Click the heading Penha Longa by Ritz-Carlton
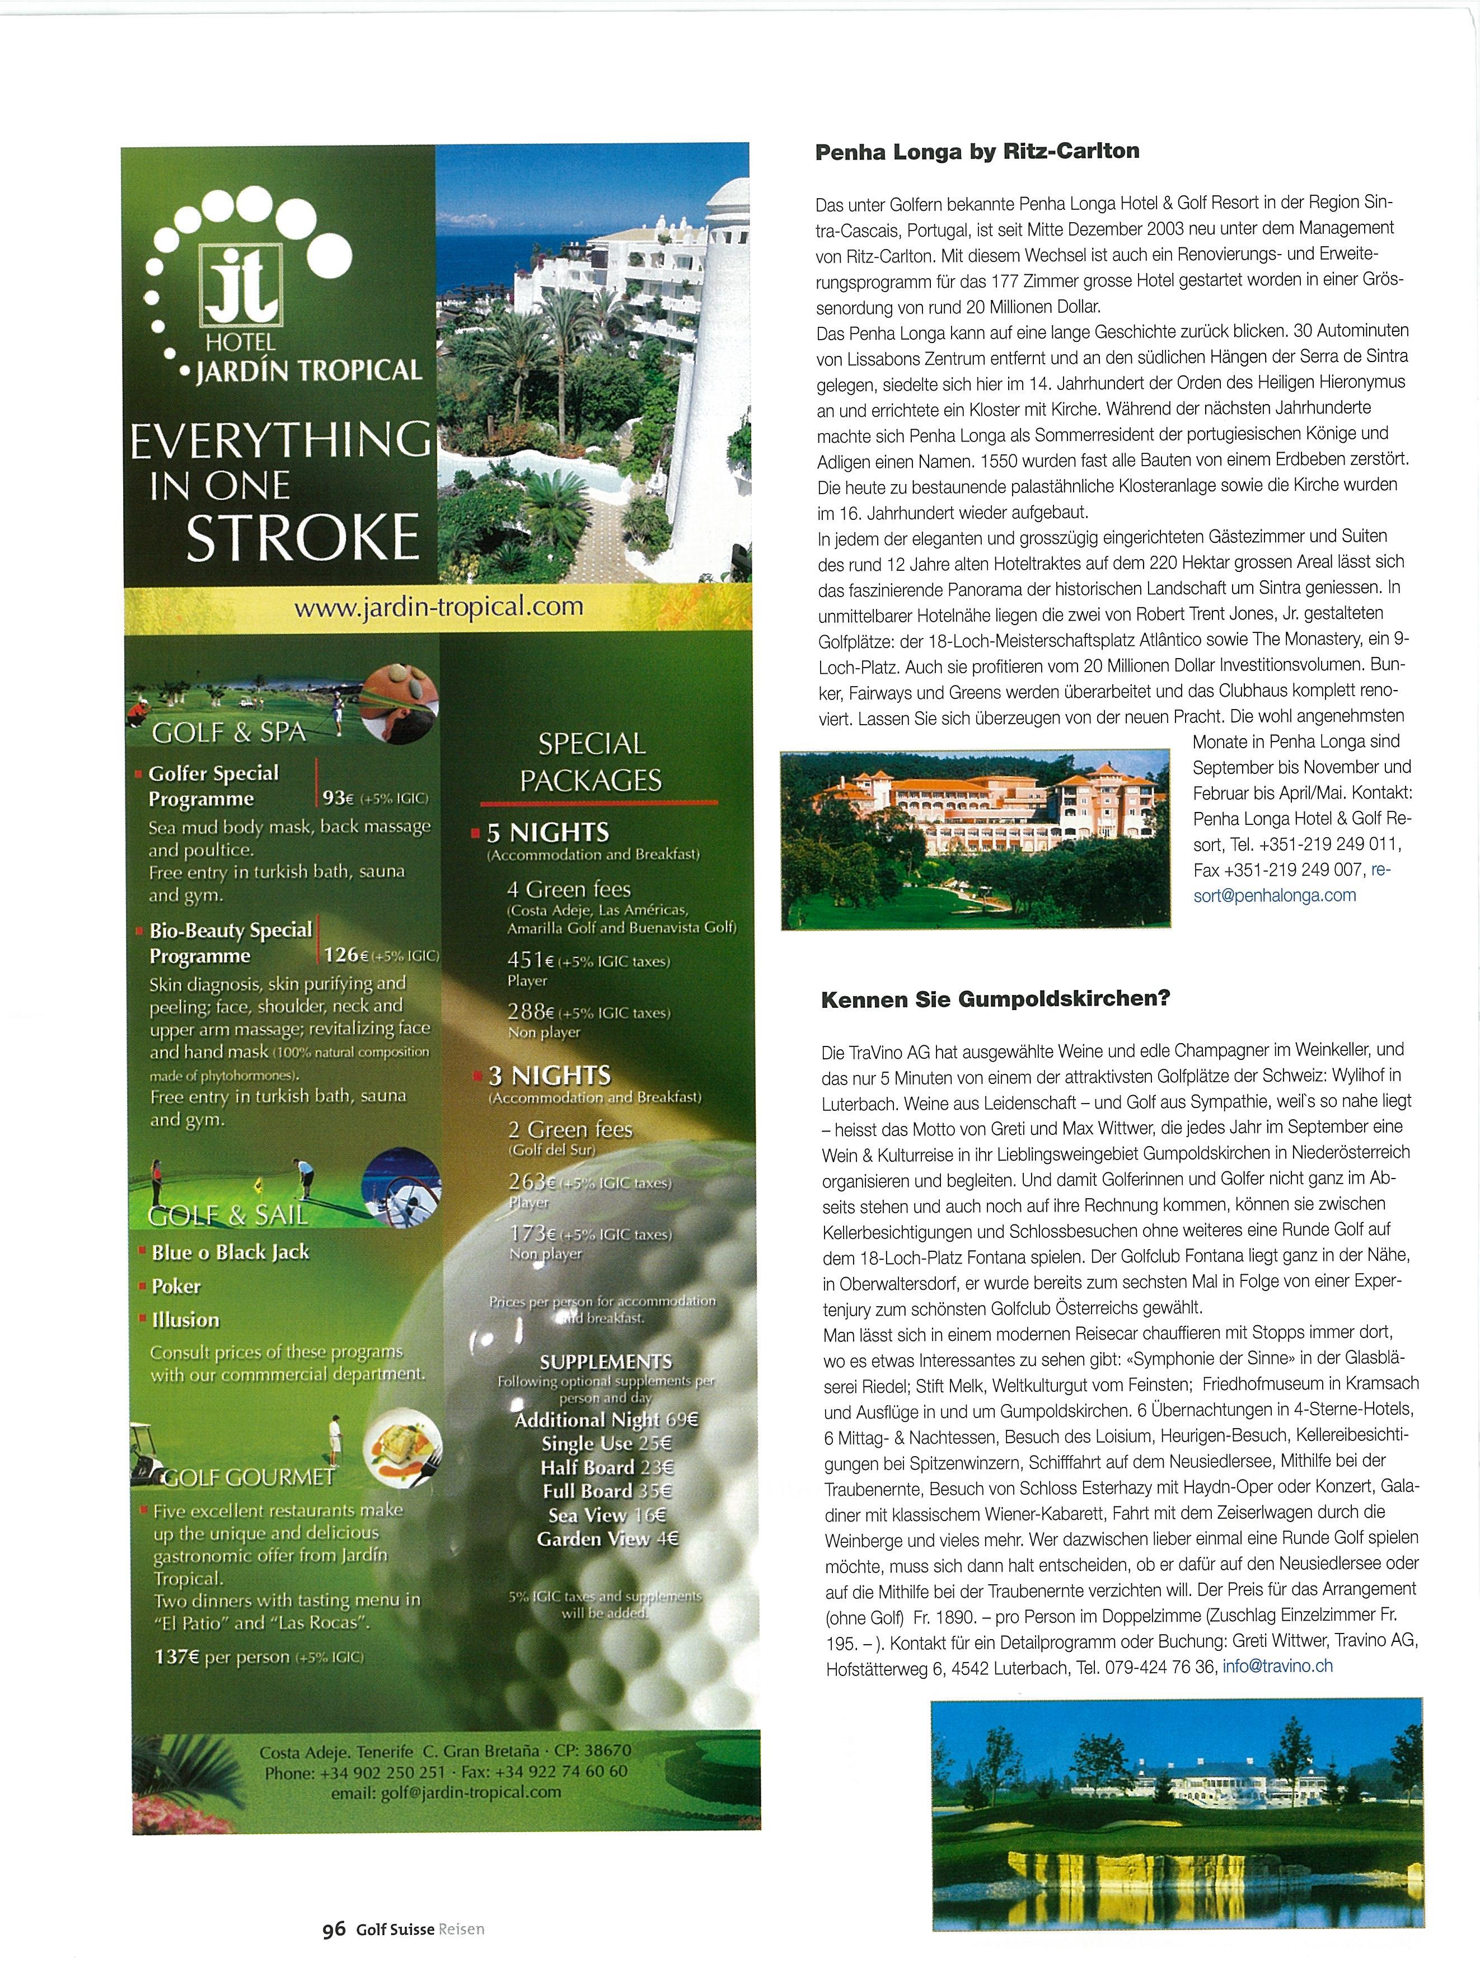pos(976,152)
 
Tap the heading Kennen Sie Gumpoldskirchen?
pos(996,999)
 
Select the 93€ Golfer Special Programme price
pos(337,797)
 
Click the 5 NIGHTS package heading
pos(547,833)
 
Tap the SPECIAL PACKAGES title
pos(591,762)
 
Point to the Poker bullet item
pos(176,1286)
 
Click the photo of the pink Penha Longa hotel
pos(974,838)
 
